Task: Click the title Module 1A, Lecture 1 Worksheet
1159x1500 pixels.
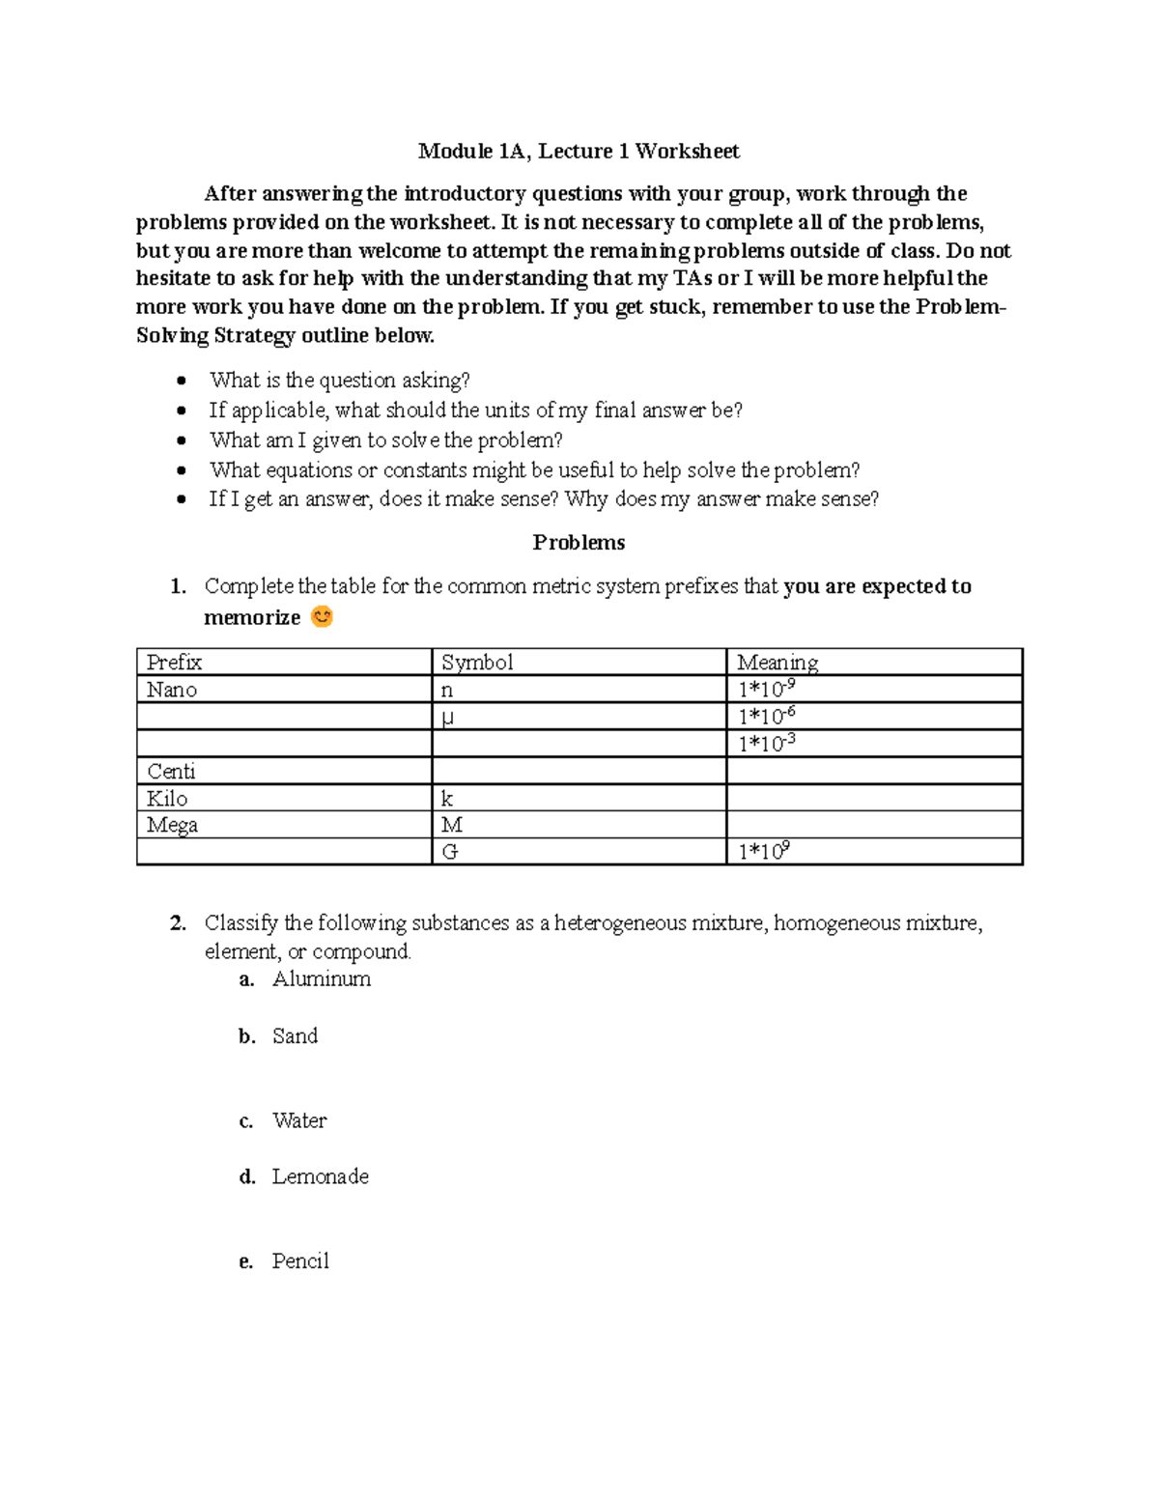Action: point(579,151)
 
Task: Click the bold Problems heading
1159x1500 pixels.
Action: point(579,543)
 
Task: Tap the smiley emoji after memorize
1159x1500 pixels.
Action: point(322,616)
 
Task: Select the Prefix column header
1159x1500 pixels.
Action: point(175,663)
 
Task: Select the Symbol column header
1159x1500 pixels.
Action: point(477,663)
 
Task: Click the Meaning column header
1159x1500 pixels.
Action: point(777,663)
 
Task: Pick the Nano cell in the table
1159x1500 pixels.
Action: point(172,690)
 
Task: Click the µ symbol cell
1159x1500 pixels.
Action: point(447,717)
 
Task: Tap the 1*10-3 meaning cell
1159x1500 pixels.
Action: point(767,744)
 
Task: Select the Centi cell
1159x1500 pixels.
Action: point(171,771)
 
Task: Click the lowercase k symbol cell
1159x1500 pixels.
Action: point(447,799)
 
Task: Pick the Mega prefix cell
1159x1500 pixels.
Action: point(172,825)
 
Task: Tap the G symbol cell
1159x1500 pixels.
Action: point(449,852)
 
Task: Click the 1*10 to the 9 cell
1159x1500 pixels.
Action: point(764,852)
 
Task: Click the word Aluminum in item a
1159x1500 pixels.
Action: point(322,979)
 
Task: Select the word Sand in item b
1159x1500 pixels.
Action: point(295,1036)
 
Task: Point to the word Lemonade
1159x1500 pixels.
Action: point(321,1176)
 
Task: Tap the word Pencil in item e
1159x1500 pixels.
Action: point(300,1261)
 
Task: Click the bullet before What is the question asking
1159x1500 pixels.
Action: point(182,382)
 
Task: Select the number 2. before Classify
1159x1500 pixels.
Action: point(178,923)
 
